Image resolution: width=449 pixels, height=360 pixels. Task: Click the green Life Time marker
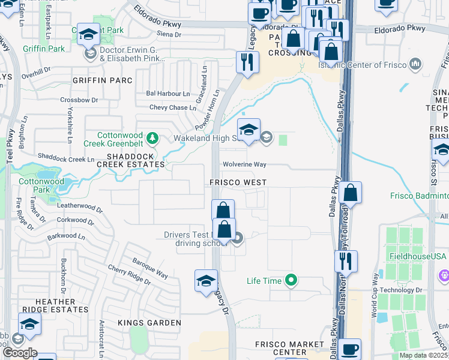click(292, 280)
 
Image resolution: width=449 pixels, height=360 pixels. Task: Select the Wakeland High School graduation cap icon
click(248, 129)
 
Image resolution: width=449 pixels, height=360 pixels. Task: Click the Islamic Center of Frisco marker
click(415, 64)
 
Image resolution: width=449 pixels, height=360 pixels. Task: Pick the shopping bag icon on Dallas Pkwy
click(351, 193)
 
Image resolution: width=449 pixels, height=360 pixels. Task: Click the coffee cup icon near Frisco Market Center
click(349, 349)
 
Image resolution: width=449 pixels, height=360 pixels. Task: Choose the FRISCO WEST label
click(238, 182)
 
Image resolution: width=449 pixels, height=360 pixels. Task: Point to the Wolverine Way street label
click(244, 164)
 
